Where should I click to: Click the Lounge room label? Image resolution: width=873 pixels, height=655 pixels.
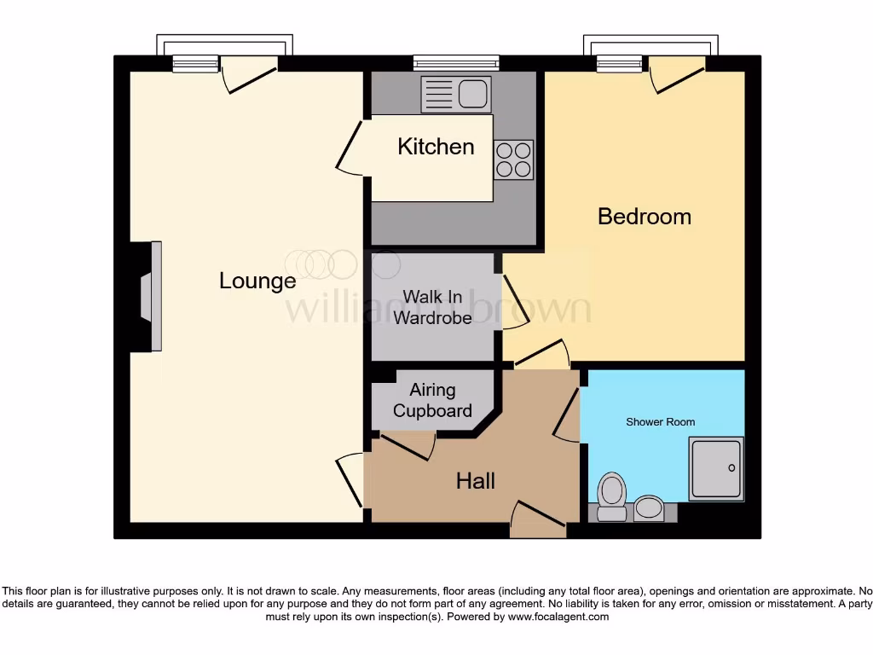(257, 281)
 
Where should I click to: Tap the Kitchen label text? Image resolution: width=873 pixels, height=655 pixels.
(436, 147)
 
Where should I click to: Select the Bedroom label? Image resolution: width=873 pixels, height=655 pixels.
(644, 216)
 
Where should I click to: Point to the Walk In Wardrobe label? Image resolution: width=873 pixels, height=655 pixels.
(432, 307)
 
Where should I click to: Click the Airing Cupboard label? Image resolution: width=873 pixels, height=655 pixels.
(432, 400)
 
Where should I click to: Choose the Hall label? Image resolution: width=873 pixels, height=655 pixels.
(475, 481)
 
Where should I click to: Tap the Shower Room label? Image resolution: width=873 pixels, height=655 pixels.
(660, 422)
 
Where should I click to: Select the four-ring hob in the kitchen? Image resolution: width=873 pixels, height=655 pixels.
(514, 159)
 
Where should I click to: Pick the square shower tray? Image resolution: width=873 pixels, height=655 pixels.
(716, 468)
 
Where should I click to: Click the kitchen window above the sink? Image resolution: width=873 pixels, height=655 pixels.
(456, 62)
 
